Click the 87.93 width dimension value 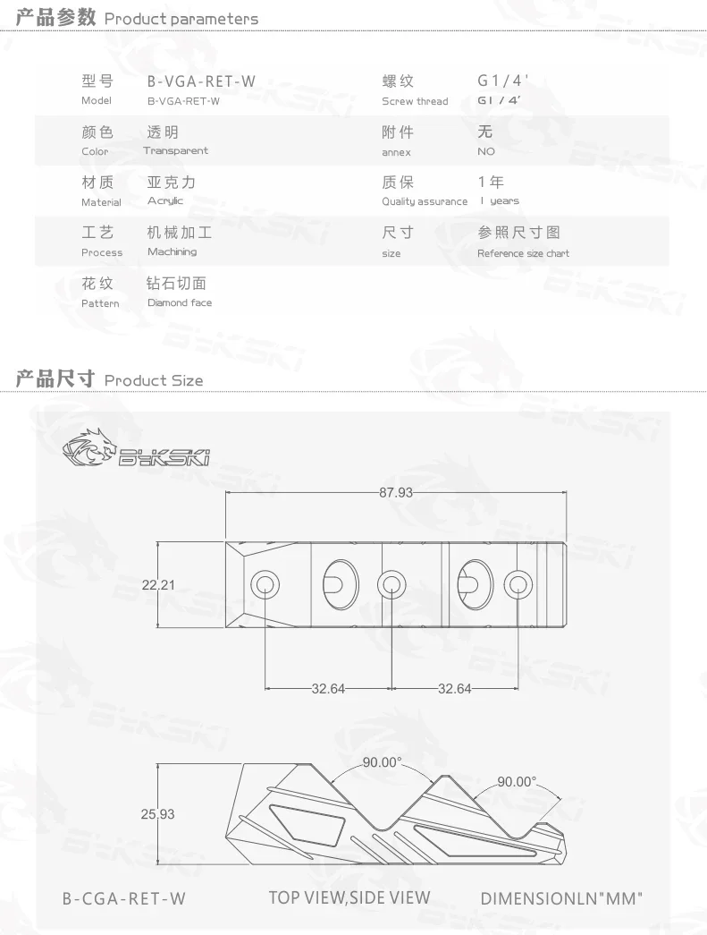(395, 492)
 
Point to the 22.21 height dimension (158, 585)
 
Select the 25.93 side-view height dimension (158, 814)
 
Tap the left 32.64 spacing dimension (329, 689)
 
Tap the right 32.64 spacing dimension (454, 689)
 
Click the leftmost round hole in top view (265, 585)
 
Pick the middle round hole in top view (391, 585)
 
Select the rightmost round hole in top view (517, 585)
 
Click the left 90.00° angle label (383, 762)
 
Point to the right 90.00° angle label (517, 781)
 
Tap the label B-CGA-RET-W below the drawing (124, 898)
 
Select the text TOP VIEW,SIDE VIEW (349, 897)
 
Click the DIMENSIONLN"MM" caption (561, 898)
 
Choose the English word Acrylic (165, 201)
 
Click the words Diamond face (180, 302)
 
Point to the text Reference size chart (523, 253)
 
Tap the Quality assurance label (425, 202)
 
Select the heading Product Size (154, 380)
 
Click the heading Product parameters (181, 18)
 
